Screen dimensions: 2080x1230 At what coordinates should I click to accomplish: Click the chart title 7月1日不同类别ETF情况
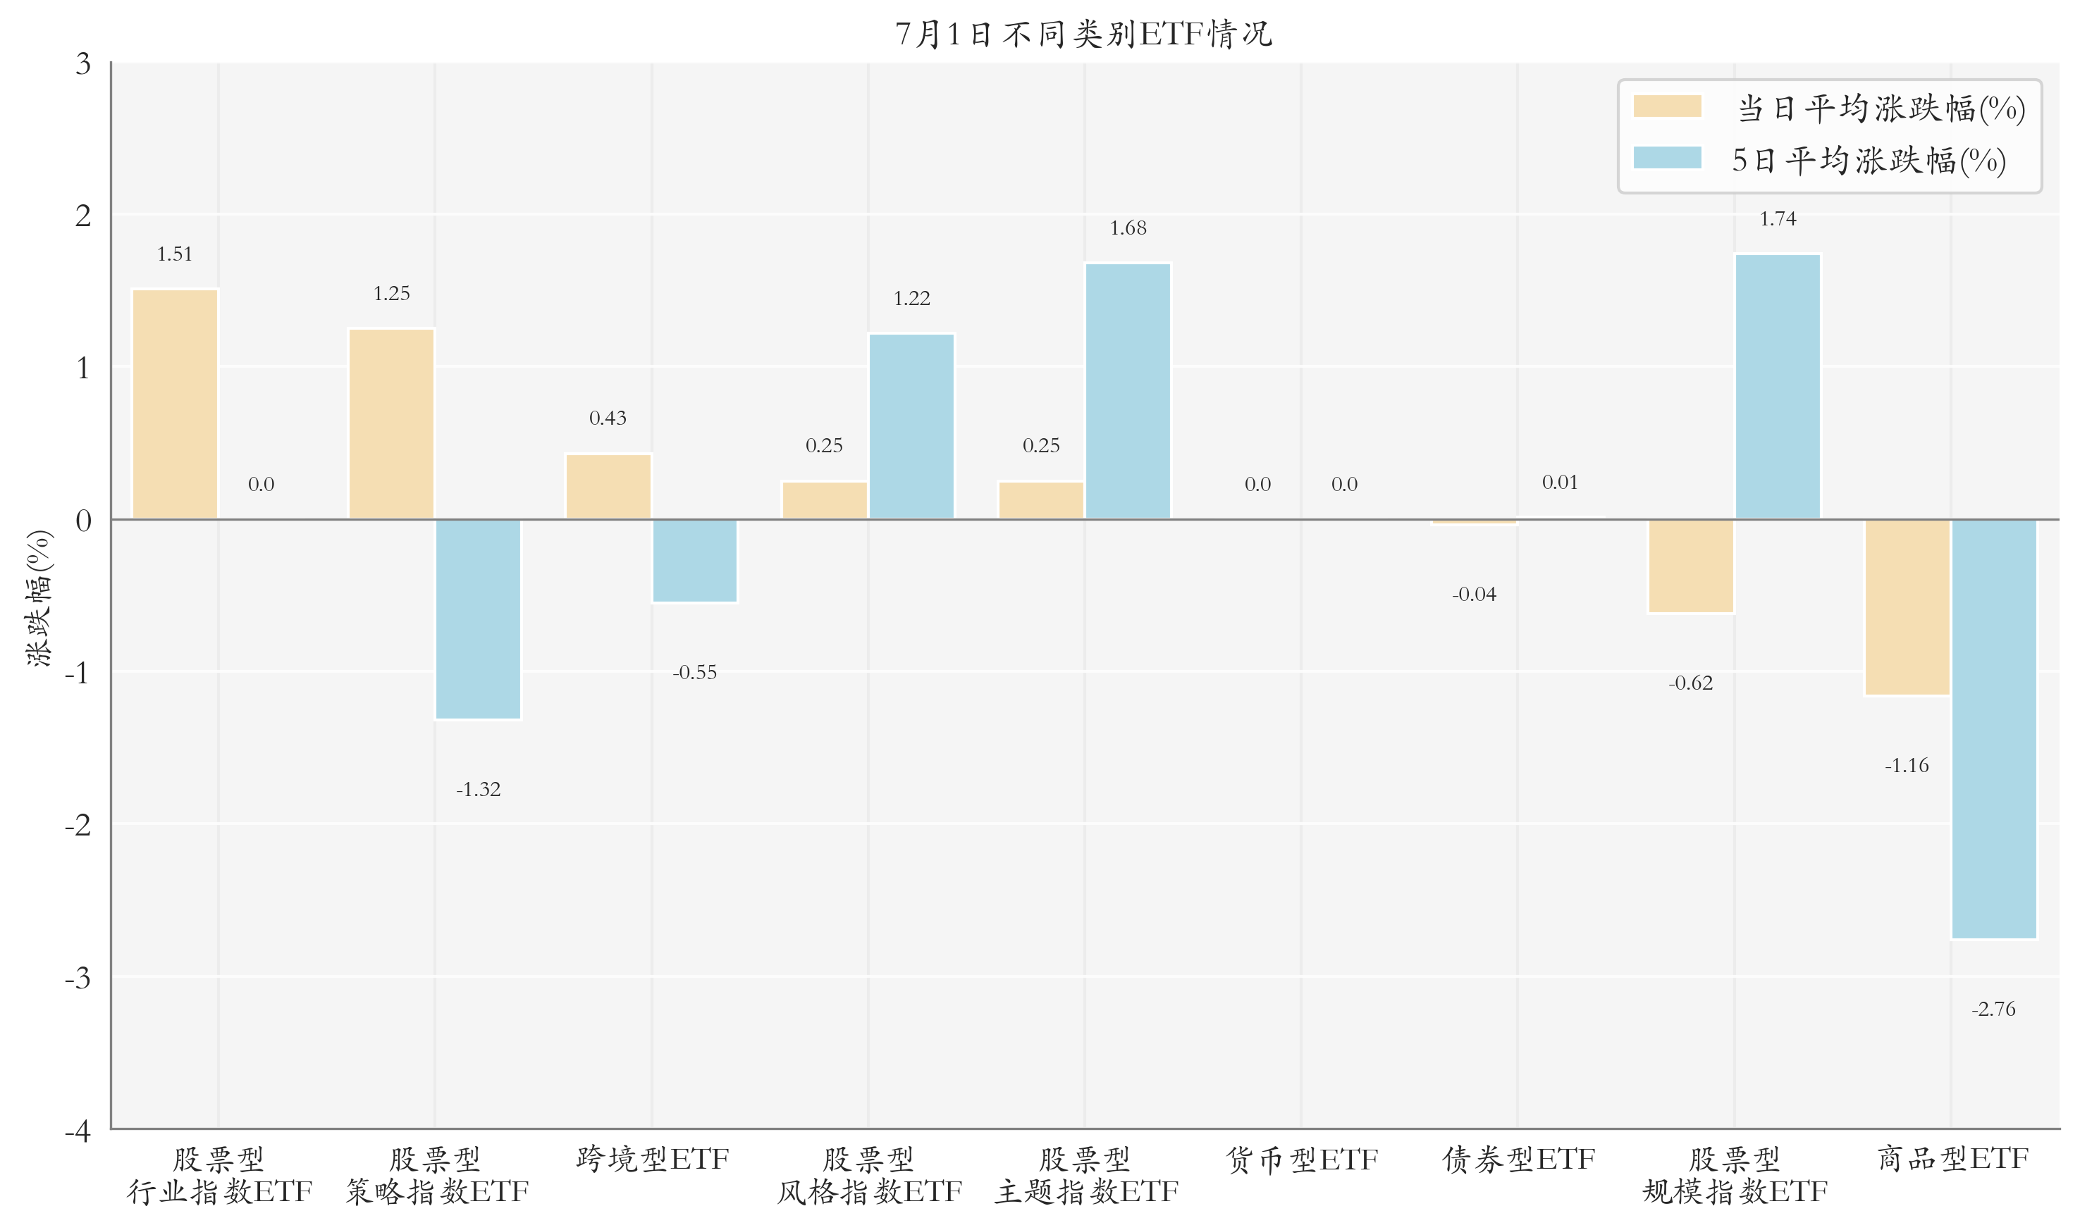pyautogui.click(x=1083, y=34)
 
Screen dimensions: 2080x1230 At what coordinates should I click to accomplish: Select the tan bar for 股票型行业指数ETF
pyautogui.click(x=175, y=404)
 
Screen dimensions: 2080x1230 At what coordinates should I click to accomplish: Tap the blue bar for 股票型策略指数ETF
pyautogui.click(x=479, y=619)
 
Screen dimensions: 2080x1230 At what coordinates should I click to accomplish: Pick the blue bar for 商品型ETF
pyautogui.click(x=1994, y=729)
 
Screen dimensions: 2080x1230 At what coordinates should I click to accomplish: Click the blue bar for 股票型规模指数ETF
pyautogui.click(x=1778, y=387)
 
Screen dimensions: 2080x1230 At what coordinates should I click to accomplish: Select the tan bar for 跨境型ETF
pyautogui.click(x=608, y=487)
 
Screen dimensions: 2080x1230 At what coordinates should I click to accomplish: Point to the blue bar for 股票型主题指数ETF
pyautogui.click(x=1128, y=391)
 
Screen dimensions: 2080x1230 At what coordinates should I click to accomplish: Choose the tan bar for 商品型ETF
pyautogui.click(x=1907, y=607)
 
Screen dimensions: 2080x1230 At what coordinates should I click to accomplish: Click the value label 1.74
pyautogui.click(x=1778, y=219)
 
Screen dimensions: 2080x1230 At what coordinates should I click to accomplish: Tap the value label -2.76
pyautogui.click(x=1993, y=1009)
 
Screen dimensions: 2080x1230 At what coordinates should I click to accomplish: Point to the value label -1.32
pyautogui.click(x=479, y=789)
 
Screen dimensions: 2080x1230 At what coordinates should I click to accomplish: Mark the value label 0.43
pyautogui.click(x=608, y=418)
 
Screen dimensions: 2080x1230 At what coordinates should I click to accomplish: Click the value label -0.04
pyautogui.click(x=1474, y=595)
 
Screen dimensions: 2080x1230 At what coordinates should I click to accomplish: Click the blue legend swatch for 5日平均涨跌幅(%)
pyautogui.click(x=1667, y=158)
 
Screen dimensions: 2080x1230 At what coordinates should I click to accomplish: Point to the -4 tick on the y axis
pyautogui.click(x=78, y=1130)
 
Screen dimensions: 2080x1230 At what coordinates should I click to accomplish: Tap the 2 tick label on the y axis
pyautogui.click(x=83, y=216)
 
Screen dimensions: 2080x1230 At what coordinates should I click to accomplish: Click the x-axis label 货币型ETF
pyautogui.click(x=1302, y=1159)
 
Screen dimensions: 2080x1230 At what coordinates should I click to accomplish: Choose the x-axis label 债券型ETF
pyautogui.click(x=1518, y=1159)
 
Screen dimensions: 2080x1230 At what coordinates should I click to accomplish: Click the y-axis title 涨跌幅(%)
pyautogui.click(x=39, y=598)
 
